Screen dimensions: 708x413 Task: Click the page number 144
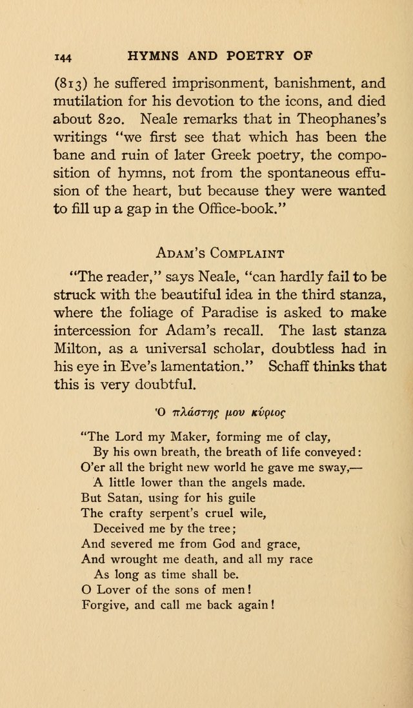point(63,57)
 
